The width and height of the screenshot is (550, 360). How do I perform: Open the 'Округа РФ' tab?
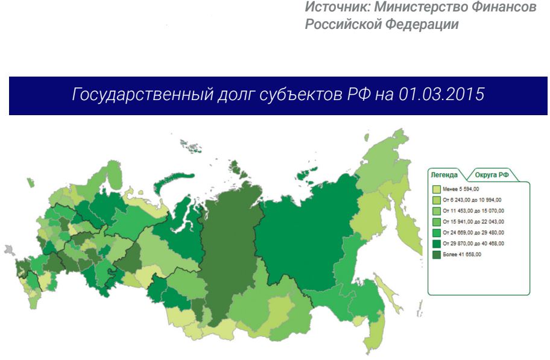point(492,175)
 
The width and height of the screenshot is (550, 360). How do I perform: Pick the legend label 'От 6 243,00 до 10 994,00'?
point(472,200)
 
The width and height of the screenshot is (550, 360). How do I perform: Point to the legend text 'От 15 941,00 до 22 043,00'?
point(473,222)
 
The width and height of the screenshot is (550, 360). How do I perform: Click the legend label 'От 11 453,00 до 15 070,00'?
point(473,211)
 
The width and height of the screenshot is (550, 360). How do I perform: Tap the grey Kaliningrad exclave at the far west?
point(8,248)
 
